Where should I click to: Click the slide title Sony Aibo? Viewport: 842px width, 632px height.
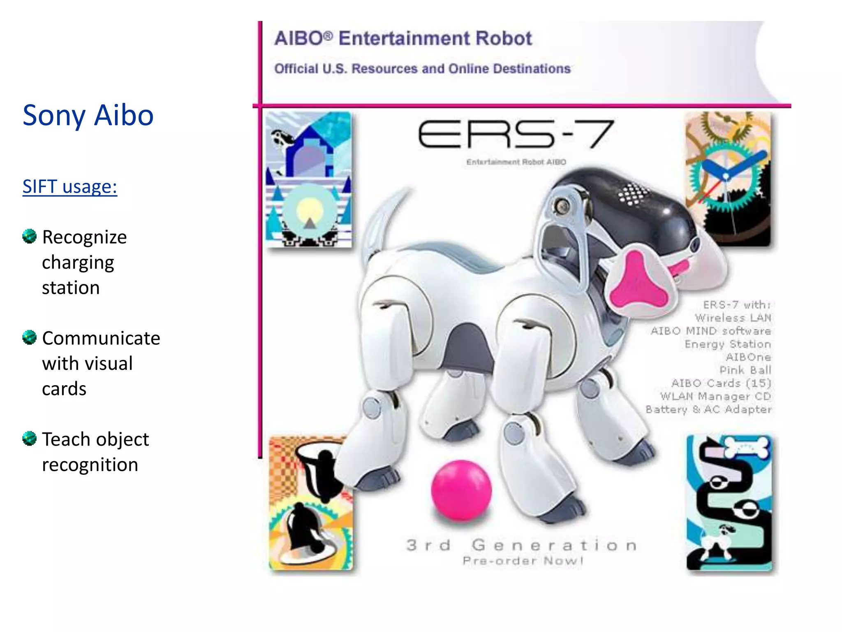point(88,115)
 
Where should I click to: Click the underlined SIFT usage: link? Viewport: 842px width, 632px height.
point(70,186)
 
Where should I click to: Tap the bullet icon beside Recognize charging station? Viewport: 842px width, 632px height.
point(30,236)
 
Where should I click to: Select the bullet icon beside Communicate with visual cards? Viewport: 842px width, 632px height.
point(30,337)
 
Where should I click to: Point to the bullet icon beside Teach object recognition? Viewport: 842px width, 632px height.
point(30,439)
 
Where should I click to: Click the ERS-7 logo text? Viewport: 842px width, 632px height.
point(516,135)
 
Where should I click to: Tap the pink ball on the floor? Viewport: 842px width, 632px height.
point(461,490)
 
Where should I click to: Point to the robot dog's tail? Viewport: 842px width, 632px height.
point(382,222)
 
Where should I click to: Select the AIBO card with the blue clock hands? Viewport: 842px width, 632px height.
point(728,179)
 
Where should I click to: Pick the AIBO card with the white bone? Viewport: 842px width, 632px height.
point(729,502)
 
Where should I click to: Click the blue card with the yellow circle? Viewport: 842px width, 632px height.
point(308,179)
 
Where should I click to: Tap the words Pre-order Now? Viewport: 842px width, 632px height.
point(523,561)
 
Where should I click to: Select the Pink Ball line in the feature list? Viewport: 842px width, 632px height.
point(745,370)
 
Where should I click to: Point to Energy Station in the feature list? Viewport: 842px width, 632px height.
point(728,344)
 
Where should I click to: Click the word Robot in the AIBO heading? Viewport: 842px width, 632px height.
point(504,38)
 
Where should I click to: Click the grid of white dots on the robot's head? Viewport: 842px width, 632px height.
point(633,193)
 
